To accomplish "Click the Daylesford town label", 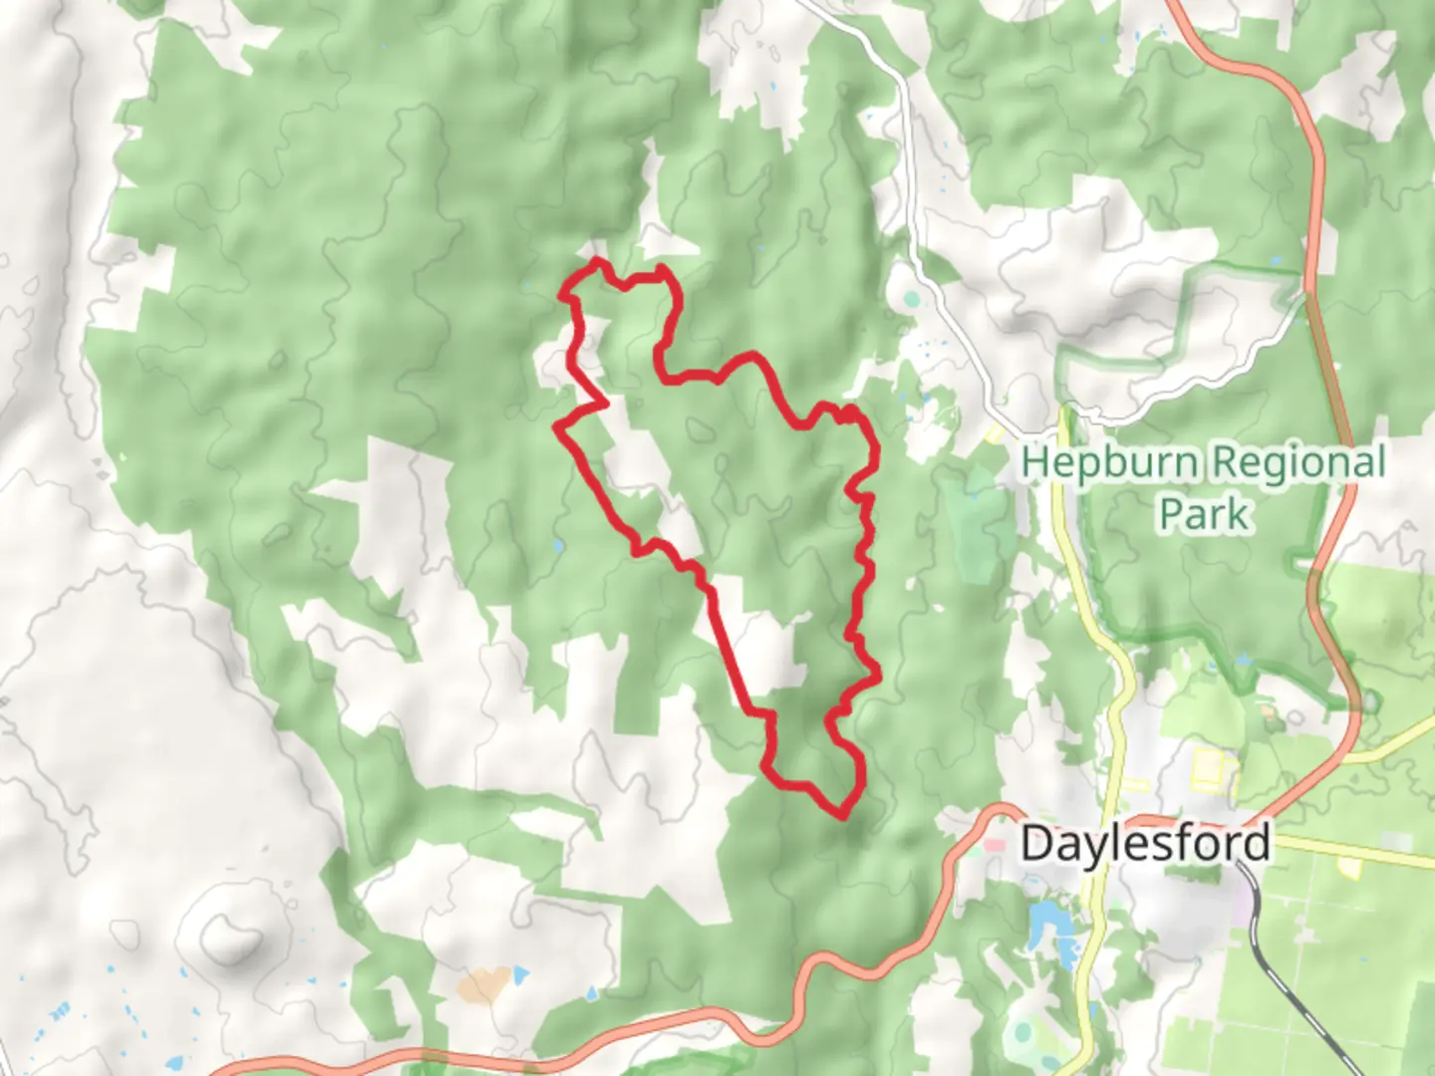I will click(x=1145, y=844).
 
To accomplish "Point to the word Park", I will click(x=1203, y=515).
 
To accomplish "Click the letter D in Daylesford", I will click(x=1036, y=844).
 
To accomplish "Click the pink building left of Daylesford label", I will click(x=995, y=846).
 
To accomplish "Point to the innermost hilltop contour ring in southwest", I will click(x=228, y=937).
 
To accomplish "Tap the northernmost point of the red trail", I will click(x=597, y=261).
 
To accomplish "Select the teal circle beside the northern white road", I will click(x=911, y=298).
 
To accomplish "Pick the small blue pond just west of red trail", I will click(x=556, y=546).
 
